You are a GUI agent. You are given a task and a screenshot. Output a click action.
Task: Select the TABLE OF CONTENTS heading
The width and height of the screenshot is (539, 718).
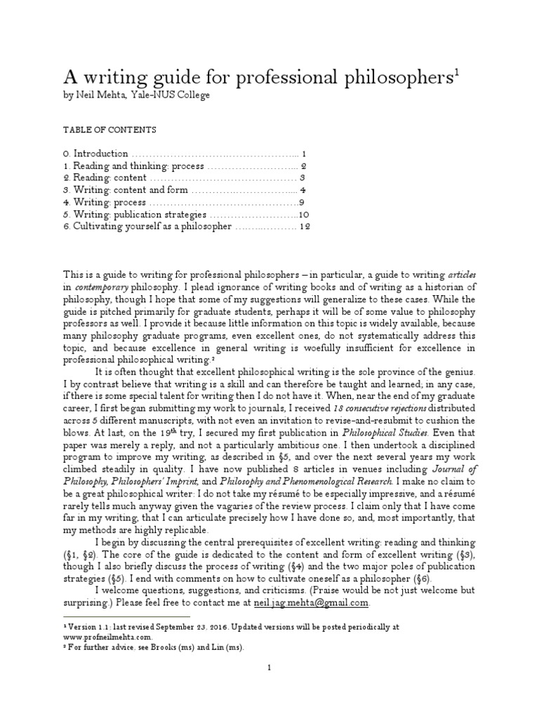[109, 130]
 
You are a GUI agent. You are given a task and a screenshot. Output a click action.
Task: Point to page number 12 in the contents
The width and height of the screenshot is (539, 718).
[304, 226]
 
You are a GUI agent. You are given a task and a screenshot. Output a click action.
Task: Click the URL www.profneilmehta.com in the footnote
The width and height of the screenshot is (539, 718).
[103, 636]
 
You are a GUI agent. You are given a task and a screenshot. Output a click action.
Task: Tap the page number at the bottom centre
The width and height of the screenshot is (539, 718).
[269, 669]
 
